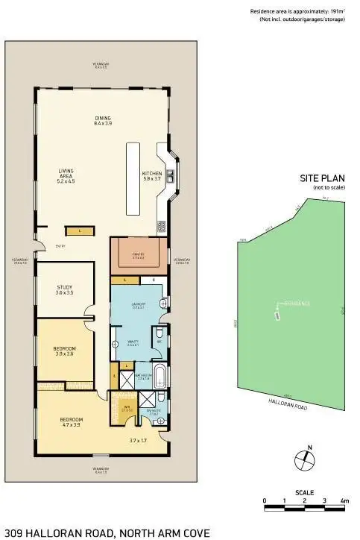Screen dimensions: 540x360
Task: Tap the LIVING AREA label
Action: point(66,175)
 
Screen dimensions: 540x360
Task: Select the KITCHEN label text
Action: point(151,176)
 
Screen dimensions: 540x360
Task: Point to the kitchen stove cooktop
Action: point(160,226)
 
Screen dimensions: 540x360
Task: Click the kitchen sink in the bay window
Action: point(171,177)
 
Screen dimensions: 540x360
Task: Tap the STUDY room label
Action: point(66,288)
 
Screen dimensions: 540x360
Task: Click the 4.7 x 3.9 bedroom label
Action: point(71,422)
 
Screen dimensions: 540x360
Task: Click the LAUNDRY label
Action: point(139,306)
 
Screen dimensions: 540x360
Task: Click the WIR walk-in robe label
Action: point(126,407)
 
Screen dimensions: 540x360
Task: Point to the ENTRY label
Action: point(59,245)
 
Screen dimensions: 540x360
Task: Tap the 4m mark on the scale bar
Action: point(344,500)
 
